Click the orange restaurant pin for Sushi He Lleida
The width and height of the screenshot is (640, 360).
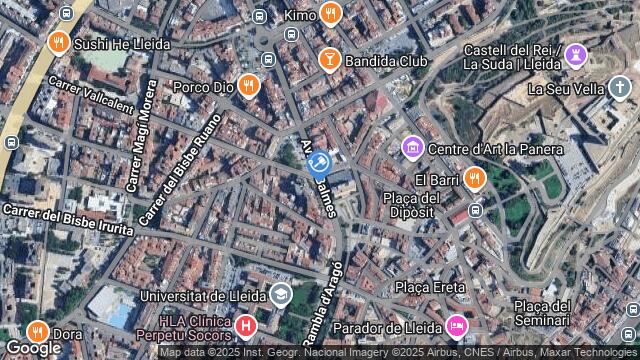pyautogui.click(x=58, y=43)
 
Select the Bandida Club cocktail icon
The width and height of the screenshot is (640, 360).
pyautogui.click(x=328, y=61)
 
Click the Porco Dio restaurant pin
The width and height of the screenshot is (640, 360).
pyautogui.click(x=249, y=85)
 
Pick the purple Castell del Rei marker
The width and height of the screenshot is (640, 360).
pyautogui.click(x=575, y=54)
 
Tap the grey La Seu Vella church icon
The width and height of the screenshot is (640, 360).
pyautogui.click(x=619, y=88)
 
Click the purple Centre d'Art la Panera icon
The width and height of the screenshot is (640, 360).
pyautogui.click(x=411, y=149)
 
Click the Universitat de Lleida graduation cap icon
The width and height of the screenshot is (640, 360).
pyautogui.click(x=281, y=295)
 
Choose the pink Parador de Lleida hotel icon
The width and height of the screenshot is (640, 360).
pyautogui.click(x=457, y=326)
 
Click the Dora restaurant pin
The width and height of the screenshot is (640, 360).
pyautogui.click(x=37, y=332)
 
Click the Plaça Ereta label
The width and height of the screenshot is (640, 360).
pyautogui.click(x=429, y=287)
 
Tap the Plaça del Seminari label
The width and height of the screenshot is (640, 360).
pyautogui.click(x=541, y=313)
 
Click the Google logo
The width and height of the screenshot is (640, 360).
pyautogui.click(x=32, y=348)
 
